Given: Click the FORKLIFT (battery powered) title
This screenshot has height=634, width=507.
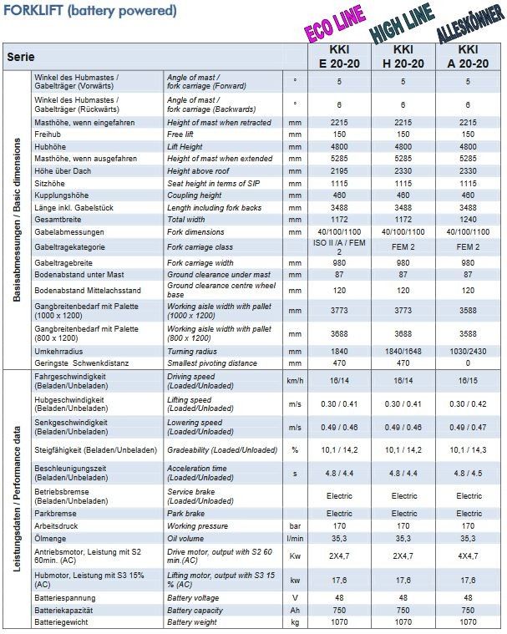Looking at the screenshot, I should tap(89, 11).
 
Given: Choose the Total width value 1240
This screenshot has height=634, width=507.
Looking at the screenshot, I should tap(469, 218).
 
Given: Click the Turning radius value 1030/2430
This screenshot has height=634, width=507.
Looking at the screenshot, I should tap(469, 352).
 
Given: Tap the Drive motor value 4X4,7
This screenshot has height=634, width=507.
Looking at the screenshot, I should tap(469, 555).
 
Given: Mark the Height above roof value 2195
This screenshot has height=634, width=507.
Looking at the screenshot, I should tap(339, 170).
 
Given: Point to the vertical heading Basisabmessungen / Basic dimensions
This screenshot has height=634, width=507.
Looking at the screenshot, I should tap(17, 220).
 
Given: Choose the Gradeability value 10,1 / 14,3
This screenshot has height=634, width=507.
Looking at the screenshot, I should tap(469, 449).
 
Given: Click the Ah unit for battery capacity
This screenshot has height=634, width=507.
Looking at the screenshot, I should tap(294, 611).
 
